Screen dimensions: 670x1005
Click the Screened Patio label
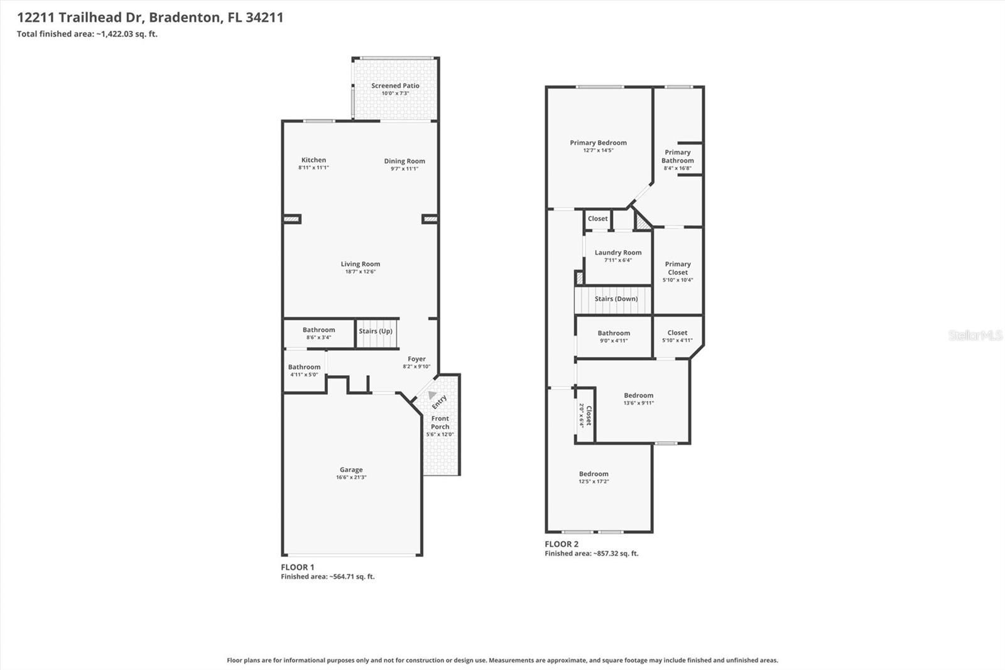(x=395, y=85)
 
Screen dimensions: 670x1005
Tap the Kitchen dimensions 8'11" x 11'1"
(x=313, y=168)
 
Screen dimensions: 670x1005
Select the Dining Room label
(x=405, y=161)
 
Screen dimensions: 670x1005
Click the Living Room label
(x=361, y=264)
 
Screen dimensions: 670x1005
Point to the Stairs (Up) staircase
(x=377, y=334)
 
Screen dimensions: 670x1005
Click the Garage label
(x=351, y=470)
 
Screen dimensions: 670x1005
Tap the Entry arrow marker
(x=432, y=395)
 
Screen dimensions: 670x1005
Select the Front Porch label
(x=440, y=422)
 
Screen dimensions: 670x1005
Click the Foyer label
(x=416, y=359)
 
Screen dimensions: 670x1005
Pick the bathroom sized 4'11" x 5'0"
(x=304, y=370)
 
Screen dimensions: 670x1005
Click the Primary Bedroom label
(x=598, y=143)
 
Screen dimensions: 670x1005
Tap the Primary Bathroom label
(x=677, y=157)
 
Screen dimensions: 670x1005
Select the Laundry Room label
(x=618, y=253)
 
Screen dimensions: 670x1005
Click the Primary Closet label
(x=677, y=268)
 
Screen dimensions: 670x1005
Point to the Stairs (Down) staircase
(x=616, y=299)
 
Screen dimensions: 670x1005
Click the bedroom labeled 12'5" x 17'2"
(x=594, y=477)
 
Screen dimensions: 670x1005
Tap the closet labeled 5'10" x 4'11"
(x=677, y=336)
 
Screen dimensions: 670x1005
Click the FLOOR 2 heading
(x=562, y=544)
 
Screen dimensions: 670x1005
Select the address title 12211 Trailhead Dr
(x=150, y=18)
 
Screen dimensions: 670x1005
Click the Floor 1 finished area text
(x=327, y=576)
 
